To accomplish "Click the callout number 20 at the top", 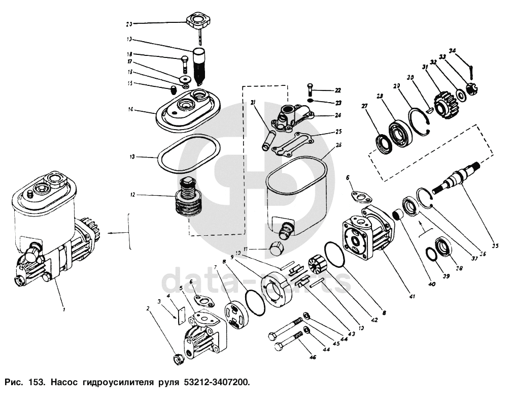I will tap(129, 23).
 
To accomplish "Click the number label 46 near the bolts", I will tap(313, 358).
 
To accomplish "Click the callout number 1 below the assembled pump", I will tap(64, 309).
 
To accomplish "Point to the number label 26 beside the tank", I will tap(338, 145).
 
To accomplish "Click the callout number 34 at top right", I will tap(453, 50).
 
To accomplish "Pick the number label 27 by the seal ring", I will tap(363, 106).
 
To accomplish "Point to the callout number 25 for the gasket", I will tap(338, 131).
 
